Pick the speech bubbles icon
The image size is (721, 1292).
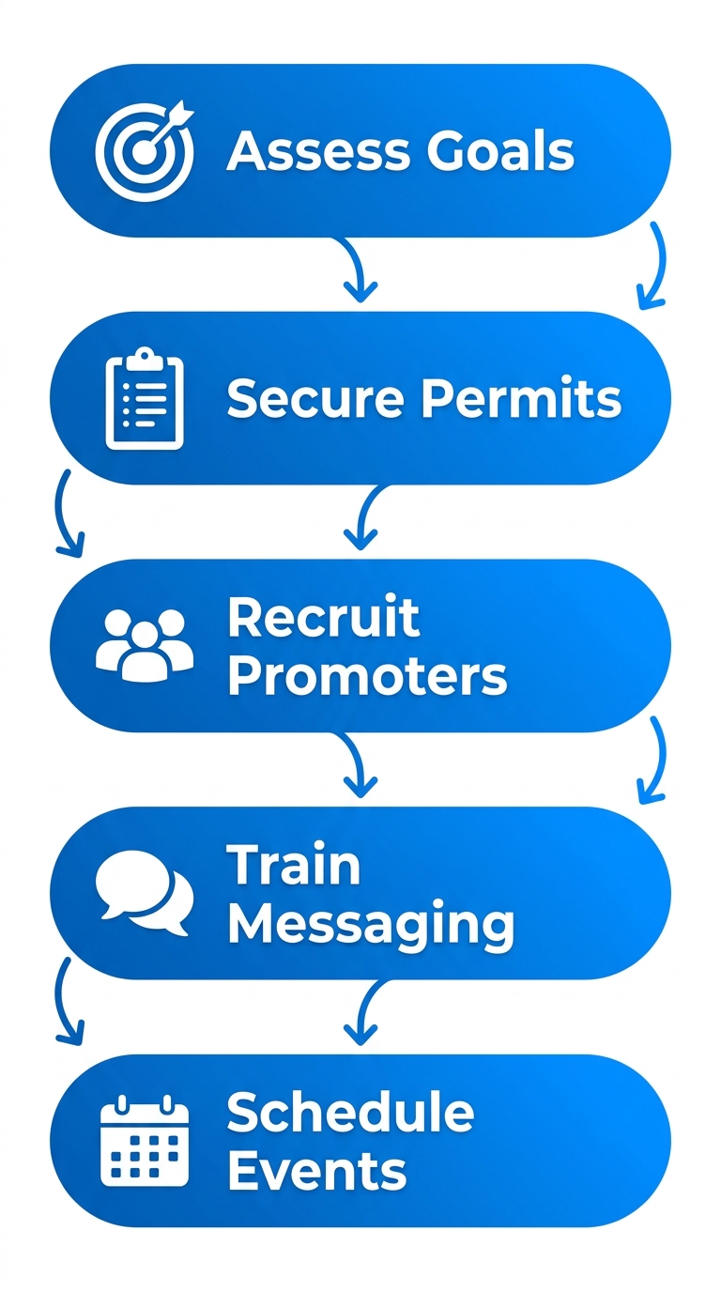coord(145,892)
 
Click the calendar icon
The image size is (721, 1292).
coord(145,1141)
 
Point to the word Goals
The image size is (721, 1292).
coord(499,150)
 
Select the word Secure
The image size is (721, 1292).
coord(317,399)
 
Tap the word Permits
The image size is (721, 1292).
coord(521,399)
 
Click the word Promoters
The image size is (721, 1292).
coord(367,675)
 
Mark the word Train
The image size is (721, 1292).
coord(294,865)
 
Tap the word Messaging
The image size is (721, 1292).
coord(371,925)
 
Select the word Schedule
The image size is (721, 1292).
coord(350,1113)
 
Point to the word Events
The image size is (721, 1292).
coord(317,1171)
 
